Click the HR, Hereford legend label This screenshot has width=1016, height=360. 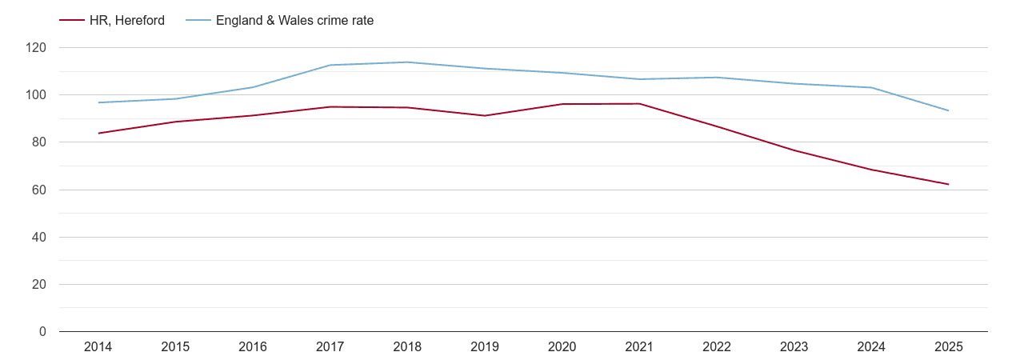point(126,21)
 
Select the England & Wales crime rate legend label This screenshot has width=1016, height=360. point(294,21)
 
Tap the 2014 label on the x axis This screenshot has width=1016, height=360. point(98,347)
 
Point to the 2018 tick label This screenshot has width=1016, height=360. point(407,347)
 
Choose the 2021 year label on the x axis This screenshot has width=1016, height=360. point(639,347)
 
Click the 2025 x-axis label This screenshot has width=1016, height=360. point(948,347)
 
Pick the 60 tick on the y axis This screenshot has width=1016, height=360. point(40,190)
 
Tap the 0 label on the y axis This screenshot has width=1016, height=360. point(43,332)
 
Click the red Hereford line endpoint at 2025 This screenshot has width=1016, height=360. point(948,184)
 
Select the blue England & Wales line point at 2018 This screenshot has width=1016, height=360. point(407,62)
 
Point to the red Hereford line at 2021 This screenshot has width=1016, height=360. point(639,104)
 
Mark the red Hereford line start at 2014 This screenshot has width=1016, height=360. point(98,133)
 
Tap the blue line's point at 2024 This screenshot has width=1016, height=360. point(871,87)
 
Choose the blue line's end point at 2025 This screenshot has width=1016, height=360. point(948,110)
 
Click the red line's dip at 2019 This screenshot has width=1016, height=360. point(485,115)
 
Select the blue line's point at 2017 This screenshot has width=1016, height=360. point(330,65)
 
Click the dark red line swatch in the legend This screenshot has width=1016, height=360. point(72,21)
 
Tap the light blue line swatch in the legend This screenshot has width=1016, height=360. point(198,21)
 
